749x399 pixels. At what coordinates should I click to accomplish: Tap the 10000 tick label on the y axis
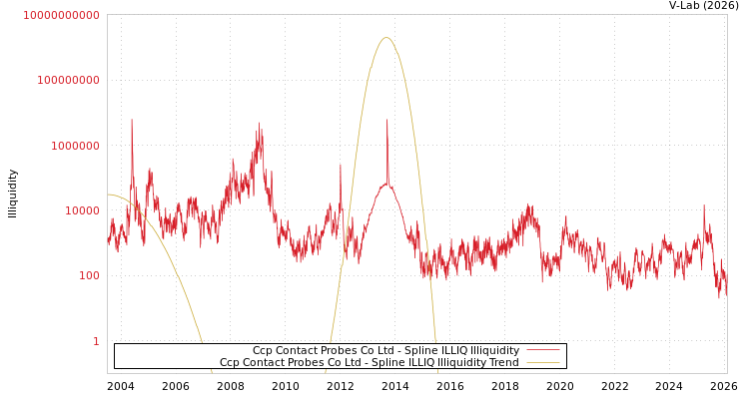[82, 210]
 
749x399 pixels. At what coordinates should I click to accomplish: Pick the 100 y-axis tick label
[89, 275]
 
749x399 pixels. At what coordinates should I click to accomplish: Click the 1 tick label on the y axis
[96, 341]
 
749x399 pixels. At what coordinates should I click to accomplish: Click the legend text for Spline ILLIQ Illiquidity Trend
[370, 363]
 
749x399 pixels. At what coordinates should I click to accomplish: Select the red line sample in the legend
[542, 351]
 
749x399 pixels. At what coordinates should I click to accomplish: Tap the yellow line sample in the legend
[542, 363]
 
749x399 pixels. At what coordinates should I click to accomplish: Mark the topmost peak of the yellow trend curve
[386, 38]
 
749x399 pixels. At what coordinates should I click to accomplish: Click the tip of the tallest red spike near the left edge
[131, 120]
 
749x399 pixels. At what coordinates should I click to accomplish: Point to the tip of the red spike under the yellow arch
[387, 121]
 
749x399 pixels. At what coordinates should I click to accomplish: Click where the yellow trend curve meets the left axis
[108, 195]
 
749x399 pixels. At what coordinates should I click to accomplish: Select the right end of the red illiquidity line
[726, 291]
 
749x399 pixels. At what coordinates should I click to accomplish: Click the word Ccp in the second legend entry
[230, 363]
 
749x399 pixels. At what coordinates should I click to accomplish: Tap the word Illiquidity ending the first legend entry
[495, 351]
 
